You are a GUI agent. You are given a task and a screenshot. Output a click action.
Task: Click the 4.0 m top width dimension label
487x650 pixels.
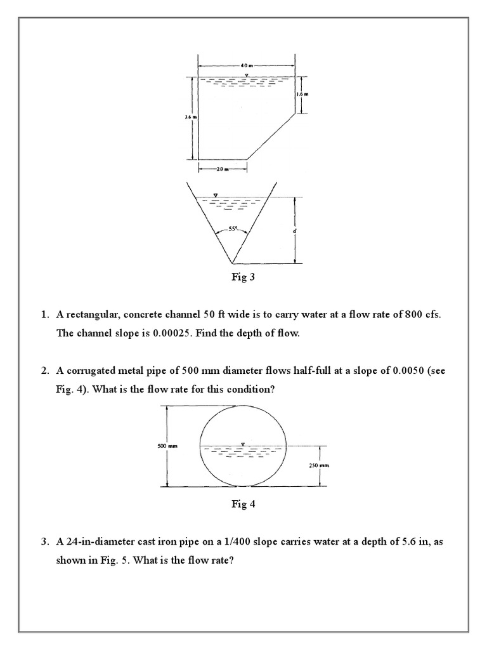tap(246, 65)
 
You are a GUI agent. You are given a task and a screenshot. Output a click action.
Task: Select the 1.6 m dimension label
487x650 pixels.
tap(302, 95)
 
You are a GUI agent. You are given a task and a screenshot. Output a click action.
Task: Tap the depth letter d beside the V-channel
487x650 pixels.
tap(295, 231)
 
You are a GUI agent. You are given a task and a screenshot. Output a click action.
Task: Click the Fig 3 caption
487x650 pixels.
tap(243, 277)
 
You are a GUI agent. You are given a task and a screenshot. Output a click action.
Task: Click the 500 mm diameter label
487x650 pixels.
tap(166, 446)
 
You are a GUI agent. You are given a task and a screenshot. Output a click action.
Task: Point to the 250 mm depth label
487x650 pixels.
tap(318, 465)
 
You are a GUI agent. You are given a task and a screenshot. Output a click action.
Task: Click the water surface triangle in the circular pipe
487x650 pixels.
tap(242, 443)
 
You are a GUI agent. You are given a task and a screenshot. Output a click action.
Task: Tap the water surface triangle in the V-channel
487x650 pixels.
tap(216, 194)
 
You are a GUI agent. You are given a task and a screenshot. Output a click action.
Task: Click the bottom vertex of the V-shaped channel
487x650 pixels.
tap(231, 263)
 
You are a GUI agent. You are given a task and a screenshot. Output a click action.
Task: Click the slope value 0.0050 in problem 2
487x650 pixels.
tap(396, 371)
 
